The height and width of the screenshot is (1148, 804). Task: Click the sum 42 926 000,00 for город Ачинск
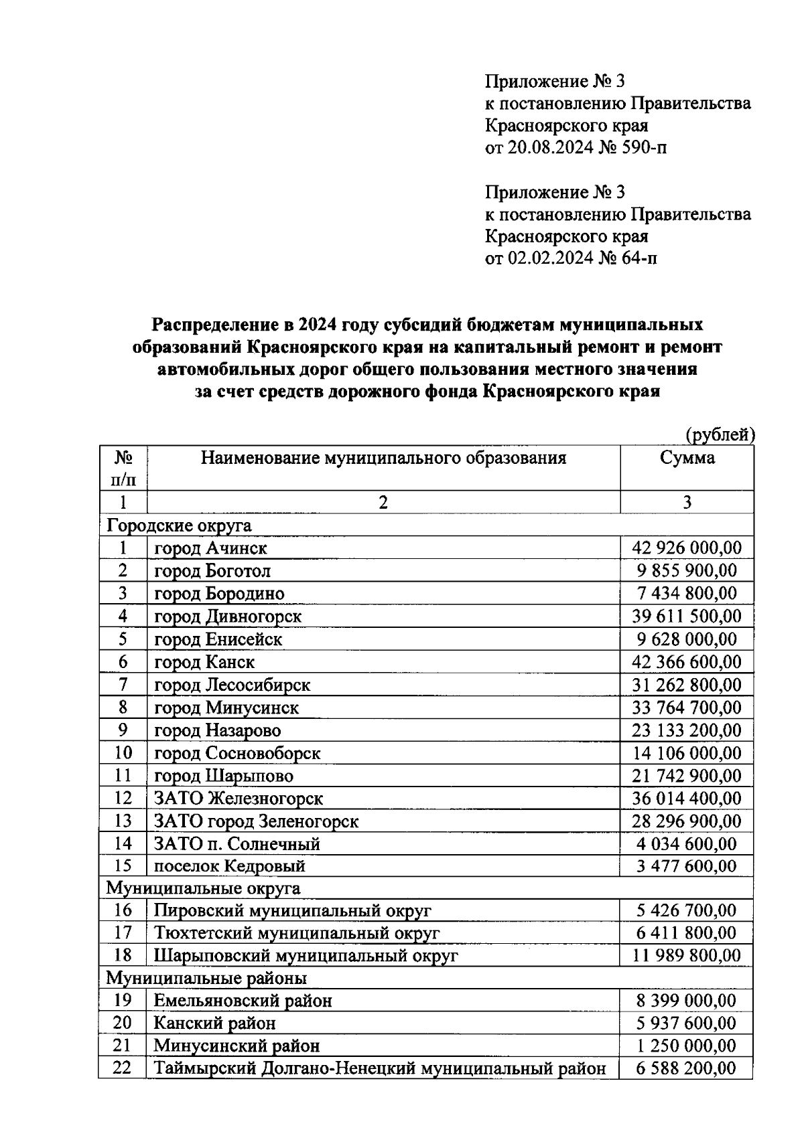(687, 548)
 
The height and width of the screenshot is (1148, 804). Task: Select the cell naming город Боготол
(212, 571)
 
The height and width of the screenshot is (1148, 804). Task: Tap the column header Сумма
(687, 458)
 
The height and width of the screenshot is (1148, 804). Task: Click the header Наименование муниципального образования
(383, 458)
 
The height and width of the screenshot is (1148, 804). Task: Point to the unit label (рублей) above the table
(720, 435)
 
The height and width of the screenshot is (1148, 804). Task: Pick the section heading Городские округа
(179, 525)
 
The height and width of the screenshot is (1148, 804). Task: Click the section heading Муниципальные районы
(206, 978)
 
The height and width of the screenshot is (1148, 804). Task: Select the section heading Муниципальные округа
(203, 888)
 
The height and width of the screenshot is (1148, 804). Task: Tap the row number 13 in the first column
(123, 821)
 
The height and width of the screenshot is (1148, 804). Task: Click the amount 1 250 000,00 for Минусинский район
(687, 1046)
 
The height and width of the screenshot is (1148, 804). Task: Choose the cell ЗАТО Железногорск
(239, 799)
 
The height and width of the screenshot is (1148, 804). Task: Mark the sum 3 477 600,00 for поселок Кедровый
(687, 866)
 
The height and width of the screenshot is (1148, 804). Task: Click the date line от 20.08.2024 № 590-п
(576, 147)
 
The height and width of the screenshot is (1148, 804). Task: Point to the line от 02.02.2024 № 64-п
(570, 258)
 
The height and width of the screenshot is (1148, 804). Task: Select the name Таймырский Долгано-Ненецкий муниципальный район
(380, 1068)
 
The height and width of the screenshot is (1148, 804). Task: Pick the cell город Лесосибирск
(232, 685)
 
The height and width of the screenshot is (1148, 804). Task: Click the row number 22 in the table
(122, 1068)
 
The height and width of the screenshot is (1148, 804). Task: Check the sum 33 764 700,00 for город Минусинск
(687, 708)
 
